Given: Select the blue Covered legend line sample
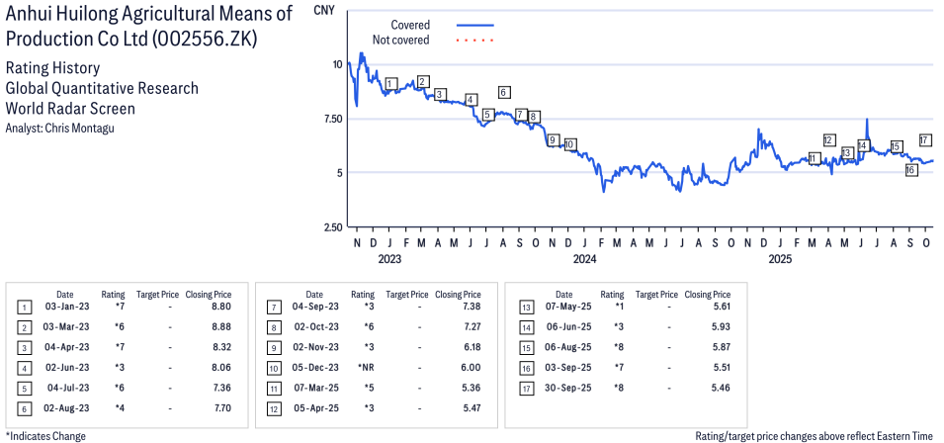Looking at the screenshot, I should [x=475, y=25].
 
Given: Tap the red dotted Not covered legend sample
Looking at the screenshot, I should [x=475, y=41].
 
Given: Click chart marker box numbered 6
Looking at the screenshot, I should [x=503, y=93].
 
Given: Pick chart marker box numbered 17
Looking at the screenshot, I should [x=925, y=140].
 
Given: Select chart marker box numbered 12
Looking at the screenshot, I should [x=829, y=140].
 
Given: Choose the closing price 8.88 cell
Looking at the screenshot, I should [x=220, y=326].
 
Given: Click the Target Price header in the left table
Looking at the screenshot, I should [x=157, y=294].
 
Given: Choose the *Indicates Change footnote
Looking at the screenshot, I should [x=46, y=436].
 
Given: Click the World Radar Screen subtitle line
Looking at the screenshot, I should [x=70, y=109].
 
